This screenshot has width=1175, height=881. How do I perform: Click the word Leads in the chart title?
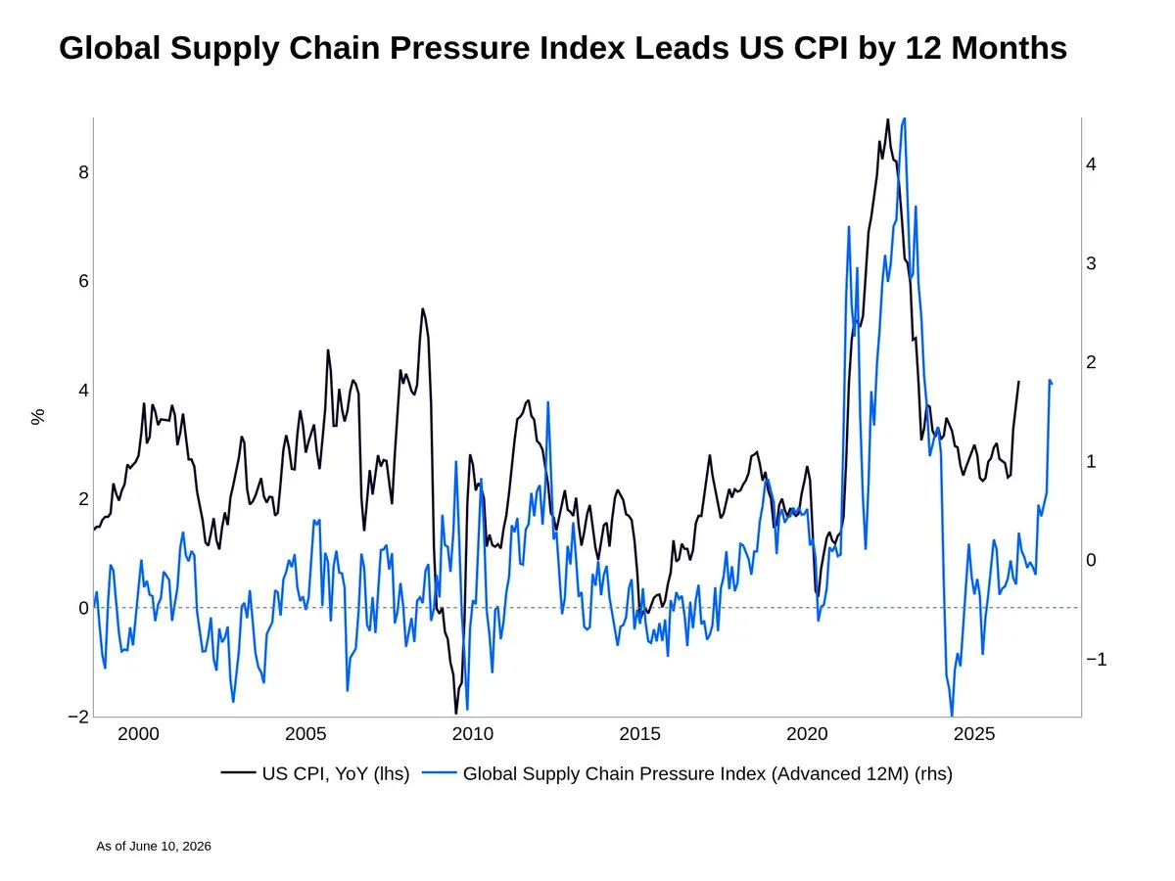[681, 48]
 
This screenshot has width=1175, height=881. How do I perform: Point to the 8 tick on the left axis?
[83, 172]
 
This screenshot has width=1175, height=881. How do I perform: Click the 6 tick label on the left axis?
[83, 281]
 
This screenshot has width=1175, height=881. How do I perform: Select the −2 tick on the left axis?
[78, 717]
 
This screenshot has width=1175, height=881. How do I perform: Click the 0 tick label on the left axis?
[83, 608]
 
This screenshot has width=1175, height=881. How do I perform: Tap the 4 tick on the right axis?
[1091, 164]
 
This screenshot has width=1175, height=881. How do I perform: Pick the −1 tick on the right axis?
[1096, 659]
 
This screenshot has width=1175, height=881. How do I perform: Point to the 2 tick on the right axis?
[1091, 362]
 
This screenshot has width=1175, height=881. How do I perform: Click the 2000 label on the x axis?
[138, 734]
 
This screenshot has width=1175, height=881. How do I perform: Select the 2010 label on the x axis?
[473, 734]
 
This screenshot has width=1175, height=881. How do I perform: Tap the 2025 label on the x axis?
[974, 734]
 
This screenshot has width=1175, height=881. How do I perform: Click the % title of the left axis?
[38, 417]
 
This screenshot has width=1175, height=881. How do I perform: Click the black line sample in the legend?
[238, 772]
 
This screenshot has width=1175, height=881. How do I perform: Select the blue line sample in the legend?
[439, 772]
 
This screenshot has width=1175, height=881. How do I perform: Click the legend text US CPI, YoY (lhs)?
[336, 774]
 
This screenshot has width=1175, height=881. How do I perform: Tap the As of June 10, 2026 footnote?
[154, 846]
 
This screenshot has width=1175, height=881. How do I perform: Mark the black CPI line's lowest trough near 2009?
[456, 714]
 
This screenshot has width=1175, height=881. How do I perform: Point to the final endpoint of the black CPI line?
[1018, 382]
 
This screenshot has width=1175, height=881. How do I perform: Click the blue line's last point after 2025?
[1052, 384]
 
